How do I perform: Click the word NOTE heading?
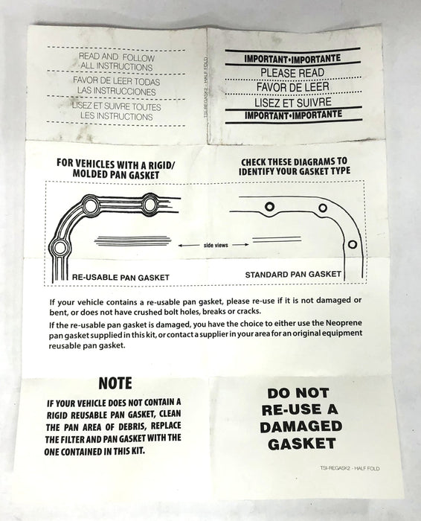click(x=115, y=383)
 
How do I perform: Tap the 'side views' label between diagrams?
click(x=216, y=245)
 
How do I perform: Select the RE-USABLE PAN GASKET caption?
click(x=120, y=277)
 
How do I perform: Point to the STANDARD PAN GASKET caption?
click(x=293, y=275)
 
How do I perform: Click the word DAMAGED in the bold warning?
click(x=301, y=426)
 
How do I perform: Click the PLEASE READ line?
click(x=292, y=73)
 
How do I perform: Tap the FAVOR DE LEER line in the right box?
click(x=292, y=87)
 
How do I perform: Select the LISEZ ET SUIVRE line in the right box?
click(x=293, y=102)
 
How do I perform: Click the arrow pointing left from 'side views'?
click(x=189, y=246)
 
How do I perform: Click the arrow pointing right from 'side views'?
click(x=240, y=245)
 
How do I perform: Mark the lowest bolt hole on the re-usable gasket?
click(x=60, y=248)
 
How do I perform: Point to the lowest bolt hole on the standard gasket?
click(x=353, y=245)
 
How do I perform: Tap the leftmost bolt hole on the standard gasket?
click(x=269, y=207)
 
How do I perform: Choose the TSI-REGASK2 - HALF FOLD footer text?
click(x=350, y=468)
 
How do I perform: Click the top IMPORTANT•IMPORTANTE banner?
click(x=292, y=59)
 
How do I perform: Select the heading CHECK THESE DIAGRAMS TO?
click(x=294, y=162)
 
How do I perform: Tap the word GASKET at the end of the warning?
click(x=302, y=444)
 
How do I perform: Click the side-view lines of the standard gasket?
click(x=277, y=239)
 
